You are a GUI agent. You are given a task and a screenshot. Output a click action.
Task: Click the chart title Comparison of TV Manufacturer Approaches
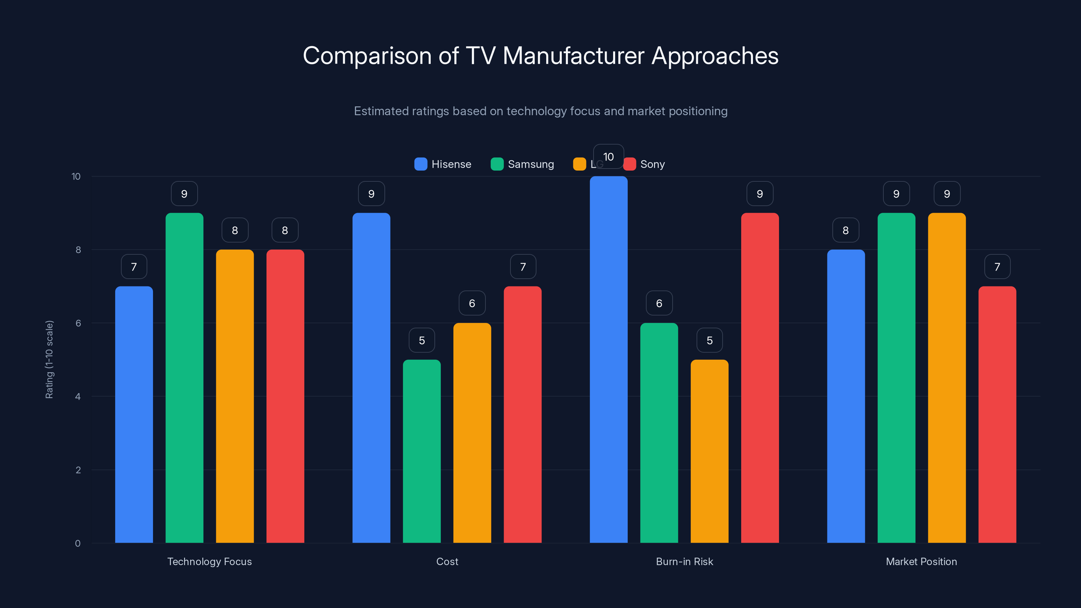coord(540,56)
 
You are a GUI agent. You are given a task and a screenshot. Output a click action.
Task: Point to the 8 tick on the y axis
coord(78,250)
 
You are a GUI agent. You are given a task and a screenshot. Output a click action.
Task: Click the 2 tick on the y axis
coord(78,470)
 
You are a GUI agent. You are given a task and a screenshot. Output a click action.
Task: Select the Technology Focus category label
coord(209,561)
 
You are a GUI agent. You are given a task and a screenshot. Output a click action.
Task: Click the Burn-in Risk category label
coord(684,561)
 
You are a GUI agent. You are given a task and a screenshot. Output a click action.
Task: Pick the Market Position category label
coord(921,561)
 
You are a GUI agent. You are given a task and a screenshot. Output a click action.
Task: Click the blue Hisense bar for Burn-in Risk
coord(608,361)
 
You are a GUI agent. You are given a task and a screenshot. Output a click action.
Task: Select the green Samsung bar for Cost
coord(422,451)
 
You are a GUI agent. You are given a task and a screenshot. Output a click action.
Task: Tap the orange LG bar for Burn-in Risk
coord(709,451)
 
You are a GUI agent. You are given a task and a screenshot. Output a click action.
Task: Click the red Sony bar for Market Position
coord(997,415)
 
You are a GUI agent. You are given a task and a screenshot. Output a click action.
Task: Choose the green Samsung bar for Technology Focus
coord(184,378)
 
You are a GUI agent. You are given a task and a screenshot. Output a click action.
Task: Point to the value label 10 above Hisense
coord(608,156)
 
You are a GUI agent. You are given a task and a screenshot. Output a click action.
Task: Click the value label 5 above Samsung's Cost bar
coord(422,340)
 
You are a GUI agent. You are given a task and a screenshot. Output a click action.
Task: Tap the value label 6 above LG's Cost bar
coord(472,303)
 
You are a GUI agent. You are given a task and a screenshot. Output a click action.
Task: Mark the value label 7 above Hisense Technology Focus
coord(134,267)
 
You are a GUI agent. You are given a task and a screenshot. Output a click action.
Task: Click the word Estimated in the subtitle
coord(381,111)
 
